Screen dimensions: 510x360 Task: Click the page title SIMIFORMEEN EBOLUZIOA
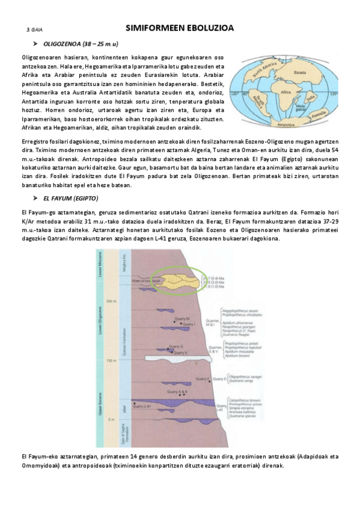coord(180,28)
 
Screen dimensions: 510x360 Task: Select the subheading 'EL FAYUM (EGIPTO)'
coord(71,198)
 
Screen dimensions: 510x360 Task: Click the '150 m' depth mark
coord(109,360)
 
